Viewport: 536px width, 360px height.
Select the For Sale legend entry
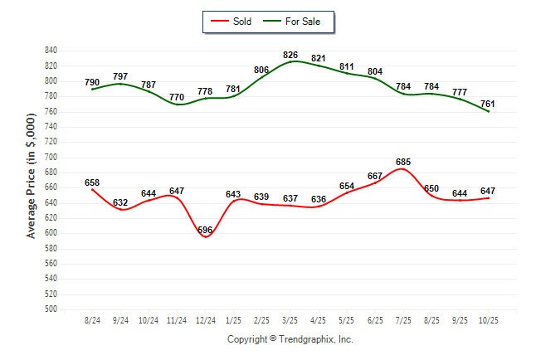point(295,21)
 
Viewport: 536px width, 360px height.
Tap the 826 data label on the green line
point(290,55)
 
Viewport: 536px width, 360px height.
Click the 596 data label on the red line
point(205,230)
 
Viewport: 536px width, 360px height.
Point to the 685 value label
point(403,162)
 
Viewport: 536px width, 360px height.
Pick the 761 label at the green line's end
point(488,104)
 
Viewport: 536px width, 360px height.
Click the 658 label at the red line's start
point(92,182)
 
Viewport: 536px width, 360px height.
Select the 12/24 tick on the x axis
point(205,319)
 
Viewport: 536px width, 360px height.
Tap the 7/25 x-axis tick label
point(403,319)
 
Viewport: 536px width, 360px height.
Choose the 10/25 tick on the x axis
point(488,319)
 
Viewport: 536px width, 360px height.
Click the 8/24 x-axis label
point(92,319)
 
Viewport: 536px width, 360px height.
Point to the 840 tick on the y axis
point(51,51)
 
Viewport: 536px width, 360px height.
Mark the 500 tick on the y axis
point(51,309)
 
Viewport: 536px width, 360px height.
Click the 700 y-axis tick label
point(51,157)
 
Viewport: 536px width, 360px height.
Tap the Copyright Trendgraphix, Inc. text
point(290,339)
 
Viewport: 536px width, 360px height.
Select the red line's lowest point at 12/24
point(205,237)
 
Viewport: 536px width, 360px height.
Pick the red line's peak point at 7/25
point(403,169)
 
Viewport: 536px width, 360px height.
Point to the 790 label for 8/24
point(92,82)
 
